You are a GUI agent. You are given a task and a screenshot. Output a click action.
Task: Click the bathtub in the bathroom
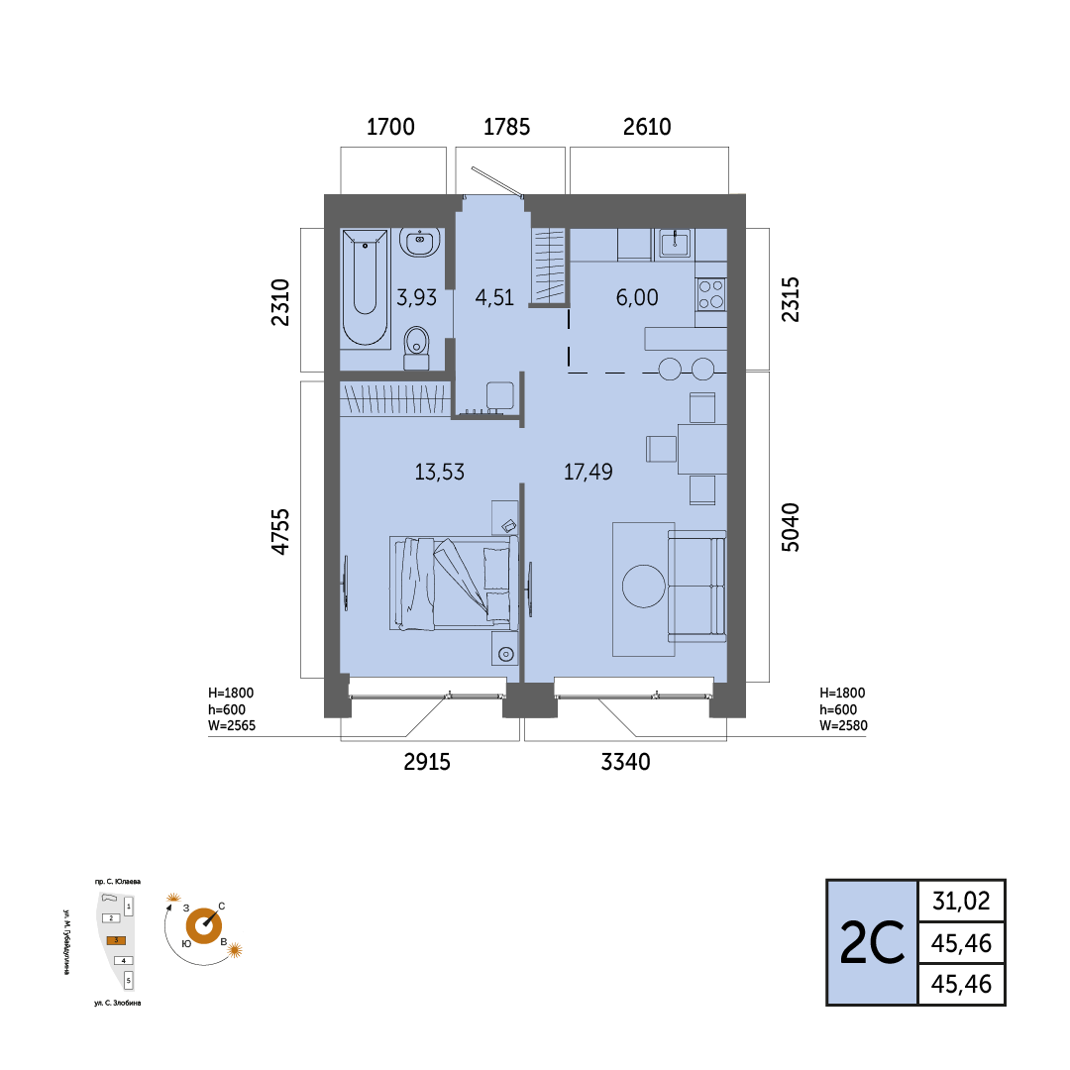pyautogui.click(x=365, y=287)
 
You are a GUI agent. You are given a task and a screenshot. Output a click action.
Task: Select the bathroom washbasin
pyautogui.click(x=420, y=243)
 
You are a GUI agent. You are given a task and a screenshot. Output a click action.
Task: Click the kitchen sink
pyautogui.click(x=675, y=243)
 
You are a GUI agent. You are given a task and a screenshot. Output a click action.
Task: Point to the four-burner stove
pyautogui.click(x=711, y=295)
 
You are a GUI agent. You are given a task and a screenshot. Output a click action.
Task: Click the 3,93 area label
pyautogui.click(x=416, y=297)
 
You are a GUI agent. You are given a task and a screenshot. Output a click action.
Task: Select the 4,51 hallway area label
pyautogui.click(x=494, y=297)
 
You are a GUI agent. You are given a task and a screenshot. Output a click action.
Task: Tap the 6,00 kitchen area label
pyautogui.click(x=637, y=297)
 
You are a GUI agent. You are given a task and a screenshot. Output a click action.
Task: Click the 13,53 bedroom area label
pyautogui.click(x=440, y=473)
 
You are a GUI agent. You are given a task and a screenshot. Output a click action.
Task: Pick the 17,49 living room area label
pyautogui.click(x=588, y=472)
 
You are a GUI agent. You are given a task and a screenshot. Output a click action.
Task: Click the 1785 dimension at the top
pyautogui.click(x=506, y=127)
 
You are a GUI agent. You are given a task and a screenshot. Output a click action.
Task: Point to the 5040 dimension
pyautogui.click(x=790, y=527)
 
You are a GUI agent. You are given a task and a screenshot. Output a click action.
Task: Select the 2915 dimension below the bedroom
pyautogui.click(x=427, y=762)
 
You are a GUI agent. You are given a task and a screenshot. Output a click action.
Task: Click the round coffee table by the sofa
pyautogui.click(x=644, y=587)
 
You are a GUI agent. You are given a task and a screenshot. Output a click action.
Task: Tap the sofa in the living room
pyautogui.click(x=696, y=587)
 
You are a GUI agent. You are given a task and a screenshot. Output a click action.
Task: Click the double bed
pyautogui.click(x=454, y=584)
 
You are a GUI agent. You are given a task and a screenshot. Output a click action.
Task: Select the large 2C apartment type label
pyautogui.click(x=872, y=943)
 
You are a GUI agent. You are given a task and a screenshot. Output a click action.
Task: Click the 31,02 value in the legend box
pyautogui.click(x=961, y=902)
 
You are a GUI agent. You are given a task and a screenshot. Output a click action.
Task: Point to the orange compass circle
pyautogui.click(x=203, y=926)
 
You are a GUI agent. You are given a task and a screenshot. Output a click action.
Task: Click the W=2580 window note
pyautogui.click(x=843, y=725)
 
